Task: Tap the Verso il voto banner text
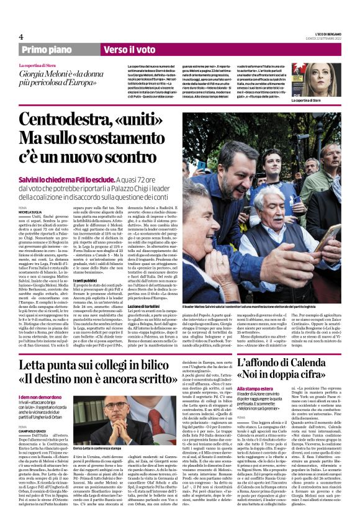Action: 130,48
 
